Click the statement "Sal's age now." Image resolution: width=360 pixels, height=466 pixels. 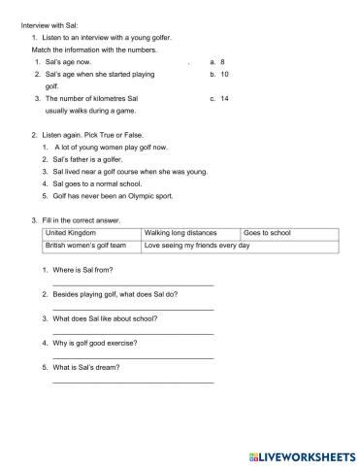tap(67, 61)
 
